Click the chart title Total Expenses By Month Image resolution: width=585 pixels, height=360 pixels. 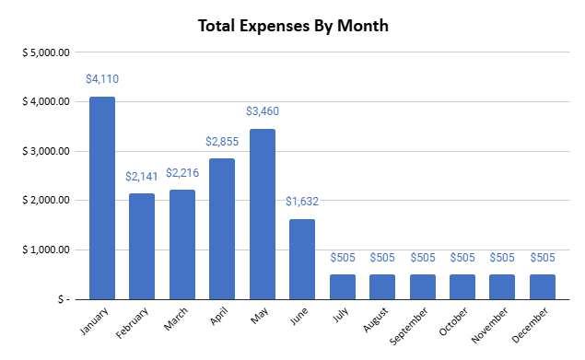[294, 25]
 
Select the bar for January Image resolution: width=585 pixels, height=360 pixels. [102, 197]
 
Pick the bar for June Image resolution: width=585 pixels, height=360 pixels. [302, 259]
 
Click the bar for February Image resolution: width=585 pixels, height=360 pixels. [142, 246]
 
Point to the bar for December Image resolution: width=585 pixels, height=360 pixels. [543, 286]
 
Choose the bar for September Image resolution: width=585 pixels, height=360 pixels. [423, 286]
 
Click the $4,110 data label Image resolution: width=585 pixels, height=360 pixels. [102, 79]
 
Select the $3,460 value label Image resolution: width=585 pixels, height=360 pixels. [263, 111]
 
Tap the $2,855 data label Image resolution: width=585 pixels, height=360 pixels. [222, 142]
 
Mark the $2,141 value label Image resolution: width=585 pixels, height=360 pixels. [142, 176]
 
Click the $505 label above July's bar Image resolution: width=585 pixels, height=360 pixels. [343, 258]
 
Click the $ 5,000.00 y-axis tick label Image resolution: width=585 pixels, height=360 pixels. [45, 52]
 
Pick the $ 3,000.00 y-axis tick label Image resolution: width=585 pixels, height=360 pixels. [45, 151]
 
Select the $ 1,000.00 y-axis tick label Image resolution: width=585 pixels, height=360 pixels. [45, 250]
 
